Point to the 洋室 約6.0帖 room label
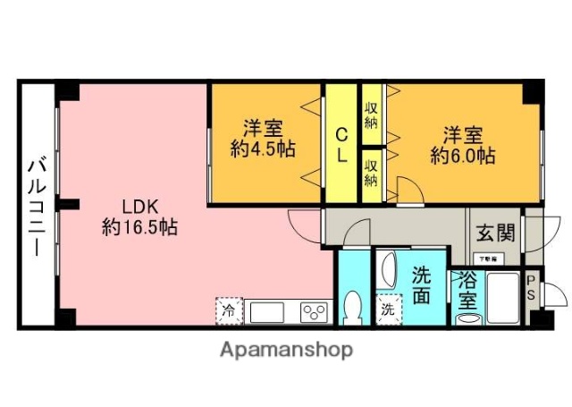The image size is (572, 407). [x=462, y=146]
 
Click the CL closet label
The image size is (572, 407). [x=341, y=143]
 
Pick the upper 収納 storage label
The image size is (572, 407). [x=371, y=114]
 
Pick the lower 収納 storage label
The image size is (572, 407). [x=371, y=170]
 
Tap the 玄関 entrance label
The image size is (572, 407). [x=494, y=234]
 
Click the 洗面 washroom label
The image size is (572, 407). [x=423, y=284]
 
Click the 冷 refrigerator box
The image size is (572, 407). [x=229, y=312]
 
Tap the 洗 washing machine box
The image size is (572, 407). [x=387, y=309]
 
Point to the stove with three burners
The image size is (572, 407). [x=315, y=312]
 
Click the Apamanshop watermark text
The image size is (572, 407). [x=286, y=349]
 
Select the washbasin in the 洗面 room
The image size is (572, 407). [x=388, y=270]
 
